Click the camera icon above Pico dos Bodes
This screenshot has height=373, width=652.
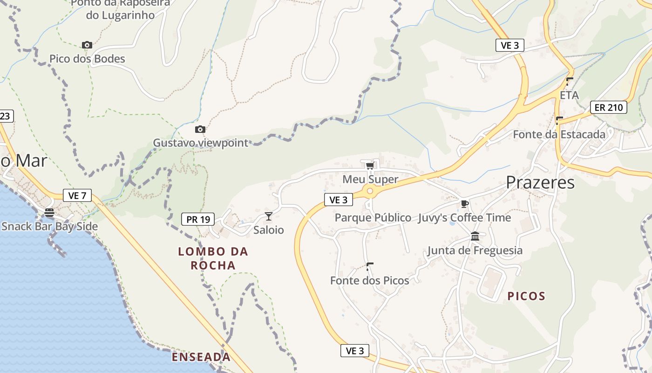click(87, 45)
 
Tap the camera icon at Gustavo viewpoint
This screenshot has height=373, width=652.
click(200, 129)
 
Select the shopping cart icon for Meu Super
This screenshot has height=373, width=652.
click(370, 166)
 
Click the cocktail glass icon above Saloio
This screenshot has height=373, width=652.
click(269, 216)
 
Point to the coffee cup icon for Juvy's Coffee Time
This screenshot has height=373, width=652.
click(464, 203)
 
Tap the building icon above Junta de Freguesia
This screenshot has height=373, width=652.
click(475, 236)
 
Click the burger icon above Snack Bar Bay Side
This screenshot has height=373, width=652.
click(49, 213)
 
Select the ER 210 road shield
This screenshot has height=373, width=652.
click(608, 107)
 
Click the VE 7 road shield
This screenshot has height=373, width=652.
click(77, 195)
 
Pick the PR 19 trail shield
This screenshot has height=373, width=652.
click(197, 219)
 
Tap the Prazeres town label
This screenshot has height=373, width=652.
click(540, 182)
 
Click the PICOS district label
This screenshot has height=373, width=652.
click(526, 296)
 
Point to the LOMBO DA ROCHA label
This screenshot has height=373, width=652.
click(213, 258)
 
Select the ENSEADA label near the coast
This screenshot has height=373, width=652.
click(201, 357)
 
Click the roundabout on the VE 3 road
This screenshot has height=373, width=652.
click(370, 190)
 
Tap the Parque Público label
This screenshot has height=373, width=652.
click(373, 218)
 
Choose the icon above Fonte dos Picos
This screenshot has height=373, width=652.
click(370, 266)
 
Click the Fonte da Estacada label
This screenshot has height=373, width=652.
click(559, 134)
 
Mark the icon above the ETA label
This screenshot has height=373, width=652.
click(569, 81)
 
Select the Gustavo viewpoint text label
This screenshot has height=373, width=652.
click(201, 143)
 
